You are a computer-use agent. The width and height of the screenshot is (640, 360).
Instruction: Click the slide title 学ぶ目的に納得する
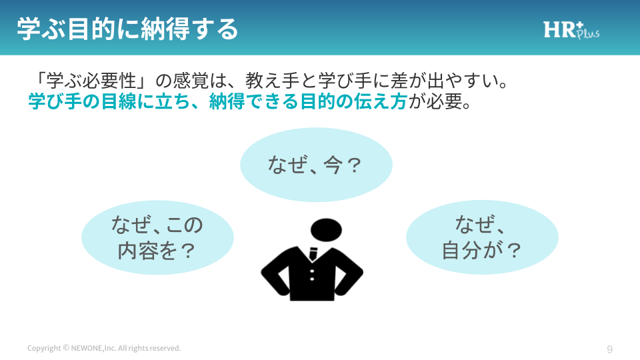[127, 29]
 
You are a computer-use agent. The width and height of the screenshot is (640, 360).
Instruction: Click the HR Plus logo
[571, 30]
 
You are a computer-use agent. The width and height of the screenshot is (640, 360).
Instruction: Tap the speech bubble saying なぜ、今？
[316, 165]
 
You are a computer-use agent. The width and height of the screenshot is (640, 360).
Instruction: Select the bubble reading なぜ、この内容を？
[157, 237]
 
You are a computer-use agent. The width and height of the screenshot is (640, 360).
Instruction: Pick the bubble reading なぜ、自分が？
[482, 237]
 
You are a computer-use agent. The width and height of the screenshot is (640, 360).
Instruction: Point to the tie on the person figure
[313, 254]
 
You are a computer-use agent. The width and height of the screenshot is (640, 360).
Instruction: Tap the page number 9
[610, 349]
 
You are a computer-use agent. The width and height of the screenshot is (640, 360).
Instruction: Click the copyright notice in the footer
[104, 348]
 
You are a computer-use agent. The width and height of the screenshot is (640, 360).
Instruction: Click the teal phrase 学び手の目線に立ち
[109, 101]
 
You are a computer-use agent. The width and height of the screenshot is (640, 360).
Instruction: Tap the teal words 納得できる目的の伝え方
[308, 101]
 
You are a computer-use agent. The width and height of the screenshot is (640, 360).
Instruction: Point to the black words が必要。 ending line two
[440, 101]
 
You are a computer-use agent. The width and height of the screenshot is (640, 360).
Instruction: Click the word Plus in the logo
[589, 33]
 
